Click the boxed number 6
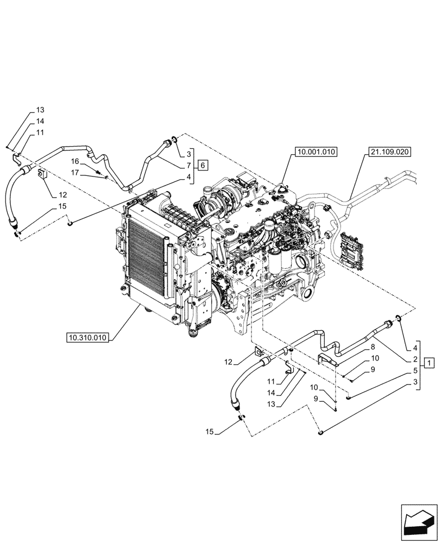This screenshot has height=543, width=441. click(201, 165)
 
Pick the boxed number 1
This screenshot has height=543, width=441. click(429, 362)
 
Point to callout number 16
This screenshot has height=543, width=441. click(75, 162)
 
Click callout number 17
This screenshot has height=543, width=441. click(75, 173)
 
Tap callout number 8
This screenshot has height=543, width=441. click(373, 346)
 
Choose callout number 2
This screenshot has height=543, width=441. click(415, 359)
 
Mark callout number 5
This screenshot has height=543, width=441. click(415, 371)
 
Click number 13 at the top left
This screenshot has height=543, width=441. click(41, 110)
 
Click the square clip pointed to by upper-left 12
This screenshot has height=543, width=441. click(42, 174)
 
